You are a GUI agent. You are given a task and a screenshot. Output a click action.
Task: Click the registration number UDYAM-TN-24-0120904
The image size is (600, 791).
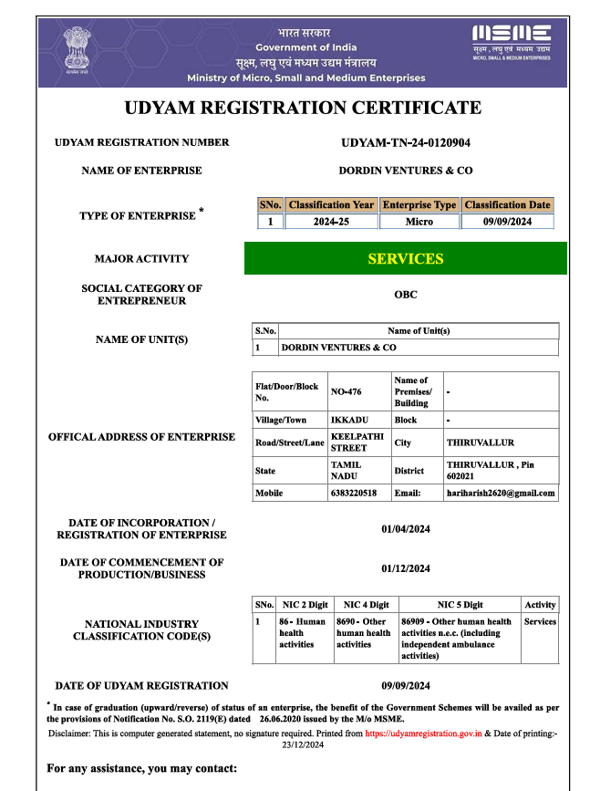(406, 143)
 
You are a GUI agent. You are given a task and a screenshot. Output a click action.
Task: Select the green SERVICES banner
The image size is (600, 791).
(406, 258)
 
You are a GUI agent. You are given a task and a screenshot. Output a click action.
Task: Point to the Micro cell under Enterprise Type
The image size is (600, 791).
(419, 222)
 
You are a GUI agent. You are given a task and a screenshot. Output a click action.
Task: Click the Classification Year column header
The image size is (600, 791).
(331, 205)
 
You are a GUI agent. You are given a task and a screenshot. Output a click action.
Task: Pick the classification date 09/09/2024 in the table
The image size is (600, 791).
(508, 222)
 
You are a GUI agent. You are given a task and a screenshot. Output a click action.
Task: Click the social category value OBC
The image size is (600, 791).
(406, 295)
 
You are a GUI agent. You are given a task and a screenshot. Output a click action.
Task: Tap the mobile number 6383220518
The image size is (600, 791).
(353, 493)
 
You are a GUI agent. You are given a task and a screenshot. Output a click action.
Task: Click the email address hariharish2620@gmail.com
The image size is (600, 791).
(501, 493)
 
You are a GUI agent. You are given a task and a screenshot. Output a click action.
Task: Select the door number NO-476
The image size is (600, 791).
(347, 392)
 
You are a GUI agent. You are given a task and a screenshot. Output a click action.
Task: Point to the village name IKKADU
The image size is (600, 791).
(347, 420)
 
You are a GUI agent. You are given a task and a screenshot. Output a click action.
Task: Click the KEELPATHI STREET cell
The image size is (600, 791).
(349, 442)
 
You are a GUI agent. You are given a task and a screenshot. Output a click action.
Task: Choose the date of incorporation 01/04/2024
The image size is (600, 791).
(406, 528)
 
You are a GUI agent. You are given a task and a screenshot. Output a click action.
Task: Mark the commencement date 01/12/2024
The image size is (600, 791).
(406, 568)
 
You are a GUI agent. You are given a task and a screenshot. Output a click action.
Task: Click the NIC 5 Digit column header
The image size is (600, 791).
(460, 605)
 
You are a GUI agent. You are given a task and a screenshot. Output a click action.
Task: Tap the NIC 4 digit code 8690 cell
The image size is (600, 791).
(363, 633)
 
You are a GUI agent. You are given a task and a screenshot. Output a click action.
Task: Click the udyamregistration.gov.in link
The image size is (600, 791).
(423, 733)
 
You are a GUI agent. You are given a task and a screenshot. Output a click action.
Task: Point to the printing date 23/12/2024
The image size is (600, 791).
(303, 744)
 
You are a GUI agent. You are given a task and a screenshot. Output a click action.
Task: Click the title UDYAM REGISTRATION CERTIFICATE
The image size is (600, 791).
(302, 108)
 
